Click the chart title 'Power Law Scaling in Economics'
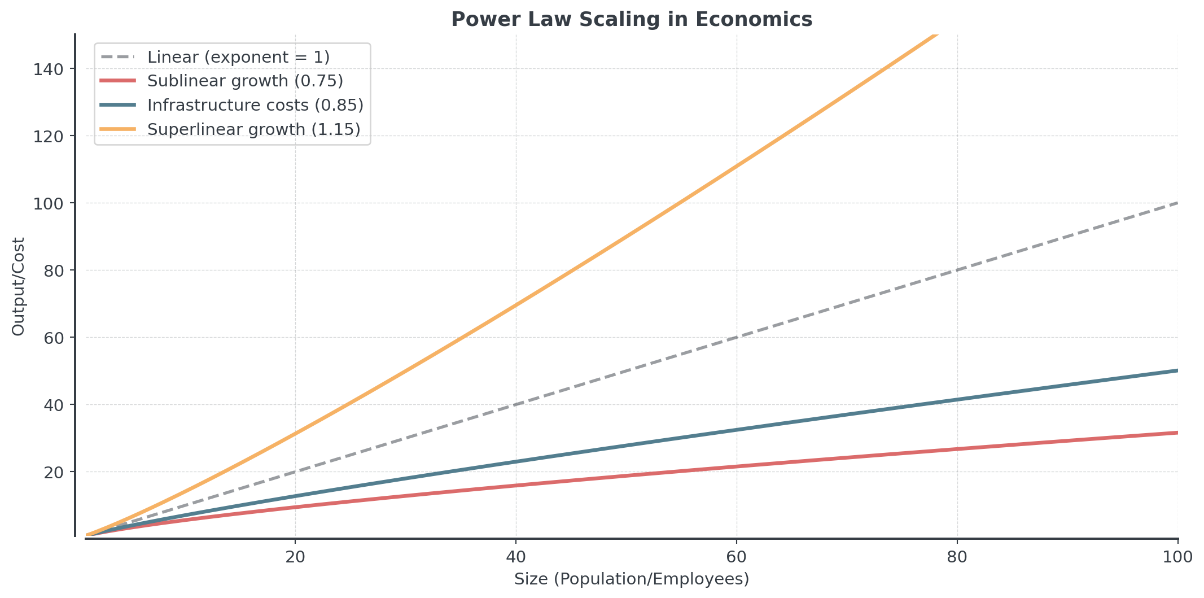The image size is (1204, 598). click(632, 20)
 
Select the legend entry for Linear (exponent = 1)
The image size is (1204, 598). click(238, 57)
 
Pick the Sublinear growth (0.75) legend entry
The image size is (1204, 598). click(245, 81)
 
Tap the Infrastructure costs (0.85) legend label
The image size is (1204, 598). click(255, 105)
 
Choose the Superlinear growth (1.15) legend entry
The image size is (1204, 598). click(253, 129)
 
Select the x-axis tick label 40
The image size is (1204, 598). click(516, 557)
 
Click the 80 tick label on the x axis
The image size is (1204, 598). click(957, 557)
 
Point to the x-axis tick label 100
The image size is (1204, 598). click(1177, 557)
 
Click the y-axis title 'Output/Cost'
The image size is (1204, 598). click(19, 286)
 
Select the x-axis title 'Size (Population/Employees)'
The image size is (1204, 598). click(632, 579)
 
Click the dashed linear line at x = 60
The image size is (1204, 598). click(737, 338)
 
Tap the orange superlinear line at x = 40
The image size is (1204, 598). click(516, 305)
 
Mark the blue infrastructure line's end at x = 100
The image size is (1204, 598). click(1176, 370)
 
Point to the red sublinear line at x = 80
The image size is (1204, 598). click(957, 449)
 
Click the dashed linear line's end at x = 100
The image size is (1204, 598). click(1176, 203)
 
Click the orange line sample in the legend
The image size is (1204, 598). click(118, 129)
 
